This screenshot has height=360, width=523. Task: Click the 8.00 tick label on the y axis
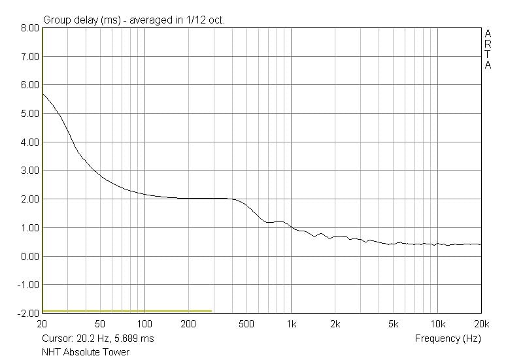pos(30,28)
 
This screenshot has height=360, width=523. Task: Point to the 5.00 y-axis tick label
pos(30,114)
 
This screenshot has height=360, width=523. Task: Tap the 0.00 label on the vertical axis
pos(30,256)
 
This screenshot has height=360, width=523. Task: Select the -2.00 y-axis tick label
pos(29,314)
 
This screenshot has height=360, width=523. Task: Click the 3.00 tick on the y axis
pos(30,171)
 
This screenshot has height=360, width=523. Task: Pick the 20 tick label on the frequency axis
pos(42,324)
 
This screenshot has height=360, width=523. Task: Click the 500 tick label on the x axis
pos(246,324)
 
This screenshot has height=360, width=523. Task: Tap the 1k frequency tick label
pos(292,324)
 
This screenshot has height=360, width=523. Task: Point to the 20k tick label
pos(481,324)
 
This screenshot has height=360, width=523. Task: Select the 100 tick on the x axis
pos(144,324)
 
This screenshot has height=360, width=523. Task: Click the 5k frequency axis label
pos(394,324)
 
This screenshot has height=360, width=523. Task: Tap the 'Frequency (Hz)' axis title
pos(448,338)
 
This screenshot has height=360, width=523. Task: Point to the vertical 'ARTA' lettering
pos(488,49)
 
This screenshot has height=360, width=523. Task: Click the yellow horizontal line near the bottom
pos(127,311)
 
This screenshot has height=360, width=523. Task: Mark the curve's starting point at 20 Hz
pos(42,94)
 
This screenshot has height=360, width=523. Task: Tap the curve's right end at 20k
pos(481,244)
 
